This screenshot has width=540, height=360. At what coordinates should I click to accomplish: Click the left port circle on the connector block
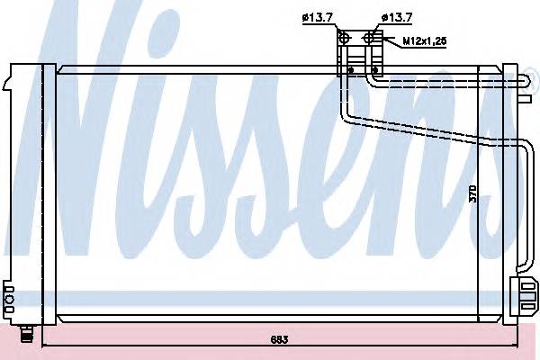344,37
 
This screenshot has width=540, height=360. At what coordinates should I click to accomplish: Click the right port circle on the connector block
371,37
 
